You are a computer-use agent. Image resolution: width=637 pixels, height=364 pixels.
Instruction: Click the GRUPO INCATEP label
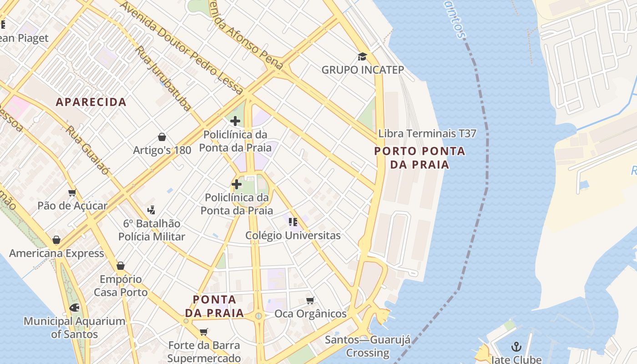(363, 70)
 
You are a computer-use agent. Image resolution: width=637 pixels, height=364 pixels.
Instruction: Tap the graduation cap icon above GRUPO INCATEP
(362, 56)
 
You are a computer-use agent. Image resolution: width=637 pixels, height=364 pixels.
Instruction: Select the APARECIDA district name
(91, 102)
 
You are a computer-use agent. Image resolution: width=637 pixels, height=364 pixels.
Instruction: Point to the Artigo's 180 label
(162, 150)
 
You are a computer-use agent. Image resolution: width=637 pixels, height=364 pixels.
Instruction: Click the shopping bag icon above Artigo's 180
(162, 137)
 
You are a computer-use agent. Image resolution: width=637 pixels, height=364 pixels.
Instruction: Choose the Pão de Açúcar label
(72, 206)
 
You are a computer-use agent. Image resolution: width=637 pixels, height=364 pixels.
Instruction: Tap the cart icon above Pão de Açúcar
(72, 193)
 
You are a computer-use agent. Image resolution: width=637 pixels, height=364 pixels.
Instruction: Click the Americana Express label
(56, 253)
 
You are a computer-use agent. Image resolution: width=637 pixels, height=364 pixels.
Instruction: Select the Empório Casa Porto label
(121, 286)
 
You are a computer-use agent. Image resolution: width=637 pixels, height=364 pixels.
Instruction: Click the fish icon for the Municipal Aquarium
(74, 308)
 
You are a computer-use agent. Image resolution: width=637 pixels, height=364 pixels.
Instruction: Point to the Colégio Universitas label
(293, 236)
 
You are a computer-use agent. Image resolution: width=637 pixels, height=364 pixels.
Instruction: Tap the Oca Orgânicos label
(310, 314)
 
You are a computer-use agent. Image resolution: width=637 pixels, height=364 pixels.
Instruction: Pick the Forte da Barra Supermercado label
(204, 352)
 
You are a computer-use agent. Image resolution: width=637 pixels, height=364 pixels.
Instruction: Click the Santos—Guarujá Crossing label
(368, 346)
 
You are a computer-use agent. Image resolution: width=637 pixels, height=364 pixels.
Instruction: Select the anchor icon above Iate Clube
(516, 347)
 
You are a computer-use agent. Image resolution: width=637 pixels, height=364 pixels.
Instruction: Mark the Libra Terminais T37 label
(427, 134)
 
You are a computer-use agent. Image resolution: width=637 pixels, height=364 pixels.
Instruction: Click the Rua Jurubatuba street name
(163, 78)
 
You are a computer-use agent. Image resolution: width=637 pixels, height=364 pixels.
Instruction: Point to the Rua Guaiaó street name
(87, 150)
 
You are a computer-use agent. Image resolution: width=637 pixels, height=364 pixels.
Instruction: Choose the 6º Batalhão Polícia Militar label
(152, 230)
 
